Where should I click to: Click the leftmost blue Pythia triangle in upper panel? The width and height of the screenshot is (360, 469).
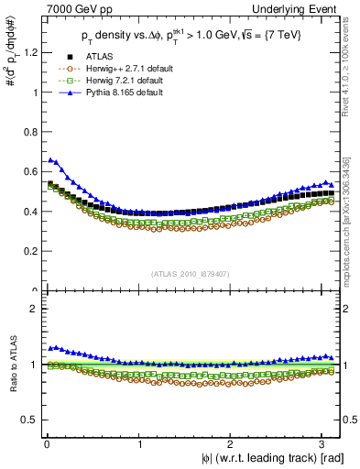[x=50, y=160]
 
